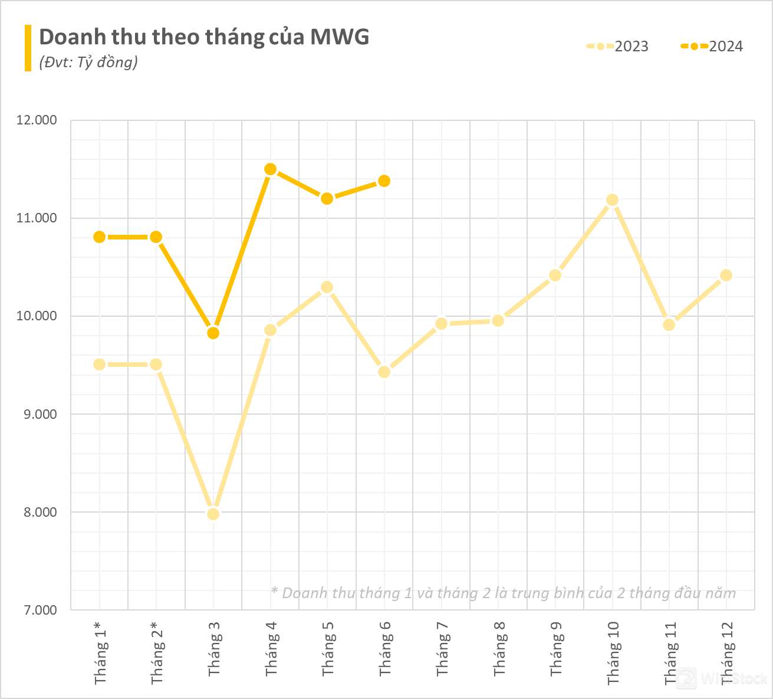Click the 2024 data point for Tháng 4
(x=270, y=170)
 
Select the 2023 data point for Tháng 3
(x=213, y=514)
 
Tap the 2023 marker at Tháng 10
(x=612, y=200)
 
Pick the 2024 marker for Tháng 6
(x=384, y=181)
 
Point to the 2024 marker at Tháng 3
(x=213, y=333)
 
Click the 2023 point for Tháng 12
(x=726, y=275)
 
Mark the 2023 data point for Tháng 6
(x=384, y=372)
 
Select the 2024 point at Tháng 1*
(x=99, y=237)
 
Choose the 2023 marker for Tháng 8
(x=498, y=321)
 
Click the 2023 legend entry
(x=617, y=47)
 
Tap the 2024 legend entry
(x=712, y=47)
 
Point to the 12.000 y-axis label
(x=37, y=120)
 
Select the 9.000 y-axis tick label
(x=39, y=414)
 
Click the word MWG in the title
(x=340, y=37)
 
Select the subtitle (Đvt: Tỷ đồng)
(x=88, y=62)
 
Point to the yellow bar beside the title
(x=28, y=48)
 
